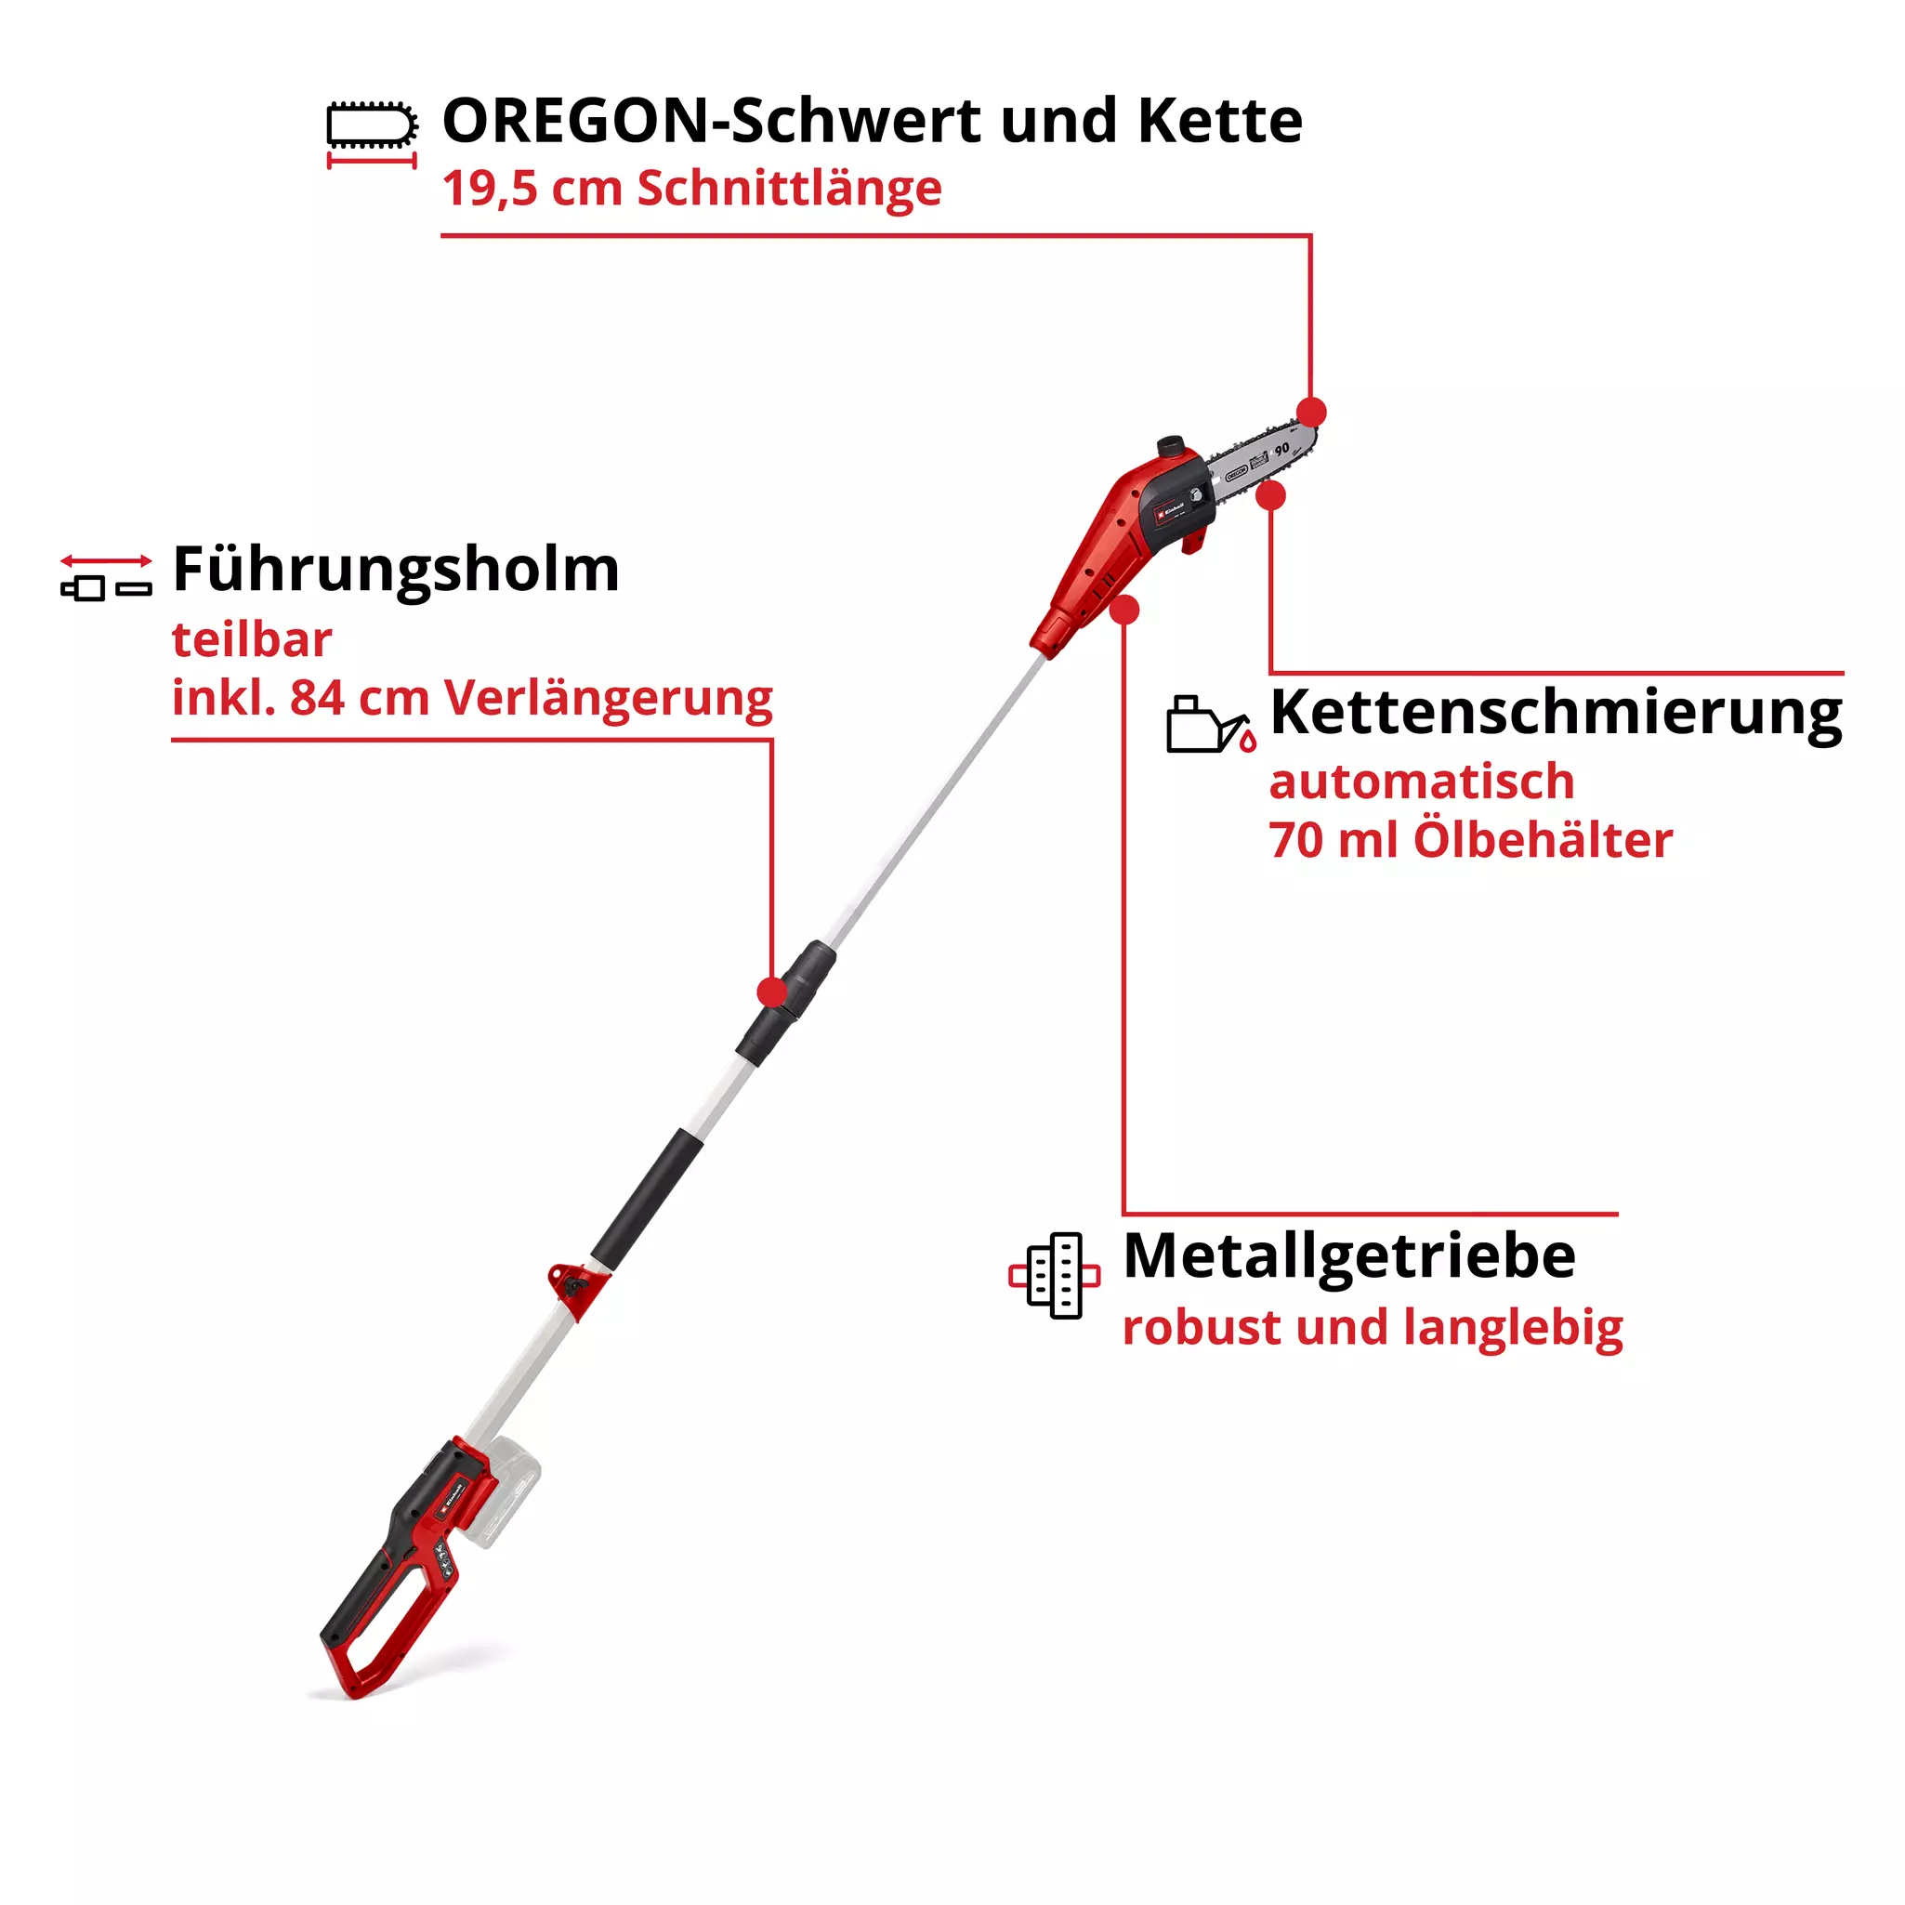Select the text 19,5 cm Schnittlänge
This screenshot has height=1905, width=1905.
[x=691, y=189]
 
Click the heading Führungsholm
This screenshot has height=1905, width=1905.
[x=395, y=570]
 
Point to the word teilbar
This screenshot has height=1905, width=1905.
[x=252, y=640]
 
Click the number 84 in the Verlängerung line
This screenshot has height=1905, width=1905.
[x=317, y=698]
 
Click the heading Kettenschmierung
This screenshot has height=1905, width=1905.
[x=1555, y=712]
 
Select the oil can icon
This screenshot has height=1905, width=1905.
[x=1210, y=726]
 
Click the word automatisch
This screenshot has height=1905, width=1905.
[x=1421, y=782]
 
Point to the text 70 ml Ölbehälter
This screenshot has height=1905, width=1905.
[x=1470, y=840]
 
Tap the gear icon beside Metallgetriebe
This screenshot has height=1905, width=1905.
[x=1054, y=1275]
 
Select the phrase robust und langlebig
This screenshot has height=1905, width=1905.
[x=1373, y=1327]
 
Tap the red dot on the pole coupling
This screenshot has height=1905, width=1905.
[x=772, y=992]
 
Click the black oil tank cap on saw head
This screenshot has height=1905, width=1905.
[x=1170, y=446]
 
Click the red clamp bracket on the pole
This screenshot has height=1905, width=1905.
[x=577, y=1286]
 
